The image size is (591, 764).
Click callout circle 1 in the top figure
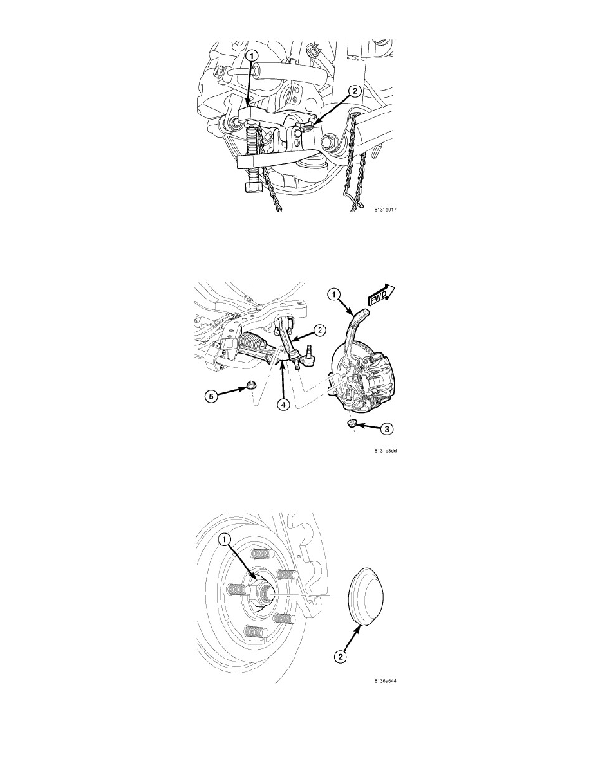(x=252, y=57)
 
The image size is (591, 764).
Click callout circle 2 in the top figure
(x=355, y=91)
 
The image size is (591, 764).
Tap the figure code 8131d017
(x=385, y=210)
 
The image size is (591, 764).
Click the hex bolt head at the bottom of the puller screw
(x=250, y=186)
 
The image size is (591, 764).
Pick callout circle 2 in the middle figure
(x=319, y=331)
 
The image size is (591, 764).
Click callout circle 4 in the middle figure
(x=283, y=404)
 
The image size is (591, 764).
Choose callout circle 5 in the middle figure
(x=211, y=396)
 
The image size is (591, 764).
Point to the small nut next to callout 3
(x=352, y=423)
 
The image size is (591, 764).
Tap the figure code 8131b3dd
(x=386, y=451)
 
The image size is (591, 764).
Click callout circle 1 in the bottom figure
(x=224, y=540)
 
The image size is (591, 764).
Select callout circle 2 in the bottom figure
(x=341, y=657)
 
